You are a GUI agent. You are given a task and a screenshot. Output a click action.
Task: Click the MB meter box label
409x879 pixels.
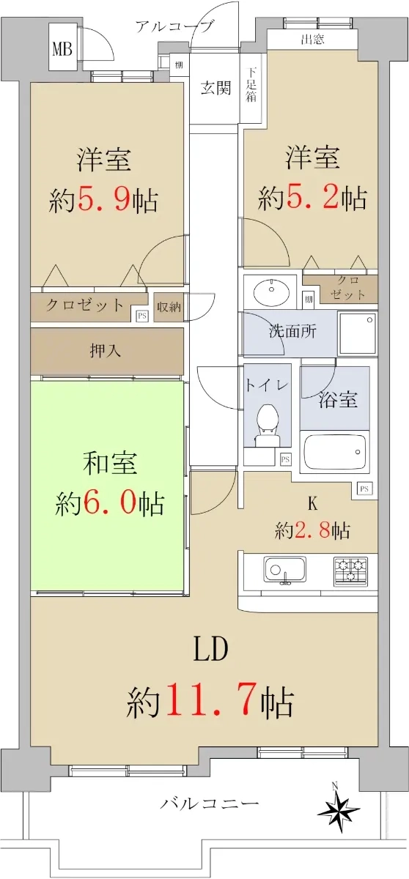point(62,50)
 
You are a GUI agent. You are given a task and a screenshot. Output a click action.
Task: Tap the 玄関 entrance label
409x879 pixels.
point(216,88)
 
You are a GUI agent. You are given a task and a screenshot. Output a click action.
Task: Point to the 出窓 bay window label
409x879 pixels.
point(312,40)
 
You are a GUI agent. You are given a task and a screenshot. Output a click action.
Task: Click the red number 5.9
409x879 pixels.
point(105,201)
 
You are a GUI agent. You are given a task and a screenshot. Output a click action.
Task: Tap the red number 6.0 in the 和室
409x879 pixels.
point(110,503)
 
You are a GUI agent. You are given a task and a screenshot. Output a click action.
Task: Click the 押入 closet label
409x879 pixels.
point(106,351)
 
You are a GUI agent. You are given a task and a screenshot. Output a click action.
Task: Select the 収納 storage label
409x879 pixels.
point(169,307)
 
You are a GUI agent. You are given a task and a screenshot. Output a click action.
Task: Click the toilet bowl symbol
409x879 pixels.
point(267,424)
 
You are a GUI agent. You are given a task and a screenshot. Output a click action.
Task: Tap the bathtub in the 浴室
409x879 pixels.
point(334,452)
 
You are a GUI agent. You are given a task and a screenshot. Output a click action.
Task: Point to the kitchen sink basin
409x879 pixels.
point(285,570)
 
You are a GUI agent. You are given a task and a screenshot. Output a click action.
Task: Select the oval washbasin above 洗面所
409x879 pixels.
point(271,292)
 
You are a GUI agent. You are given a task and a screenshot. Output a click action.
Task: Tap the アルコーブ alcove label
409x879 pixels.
point(174,26)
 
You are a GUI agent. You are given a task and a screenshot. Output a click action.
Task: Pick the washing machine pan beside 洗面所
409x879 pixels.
point(358,333)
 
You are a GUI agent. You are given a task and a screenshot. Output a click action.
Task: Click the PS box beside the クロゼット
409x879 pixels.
point(141,315)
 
